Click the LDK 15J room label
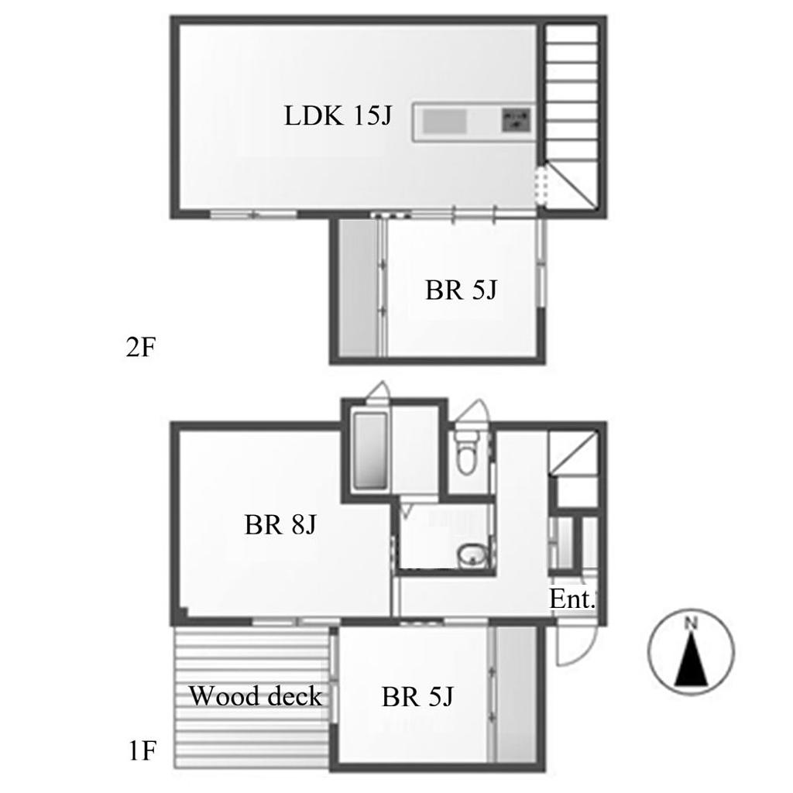click(x=338, y=116)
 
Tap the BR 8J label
click(x=280, y=524)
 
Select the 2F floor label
click(x=141, y=348)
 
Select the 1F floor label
click(x=142, y=750)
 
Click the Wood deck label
click(x=256, y=696)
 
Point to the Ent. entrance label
click(x=572, y=599)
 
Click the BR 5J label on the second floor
click(x=461, y=290)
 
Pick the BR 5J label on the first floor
click(x=417, y=697)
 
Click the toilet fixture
click(x=465, y=451)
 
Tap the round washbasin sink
click(x=473, y=555)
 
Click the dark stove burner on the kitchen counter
click(x=516, y=120)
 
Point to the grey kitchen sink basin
click(x=445, y=122)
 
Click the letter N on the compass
click(x=691, y=623)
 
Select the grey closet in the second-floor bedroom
click(x=358, y=288)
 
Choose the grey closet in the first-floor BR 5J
click(x=515, y=694)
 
